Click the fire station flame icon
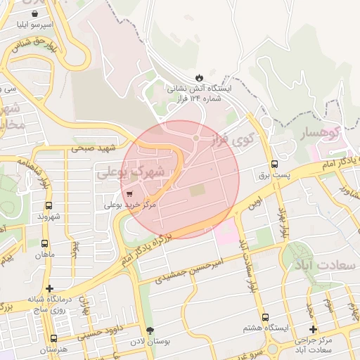(198, 77)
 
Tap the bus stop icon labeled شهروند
(48, 205)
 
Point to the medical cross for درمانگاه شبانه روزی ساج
(49, 288)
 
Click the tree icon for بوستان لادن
(149, 330)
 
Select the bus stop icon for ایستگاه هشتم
(265, 317)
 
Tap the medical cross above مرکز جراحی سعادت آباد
(313, 330)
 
